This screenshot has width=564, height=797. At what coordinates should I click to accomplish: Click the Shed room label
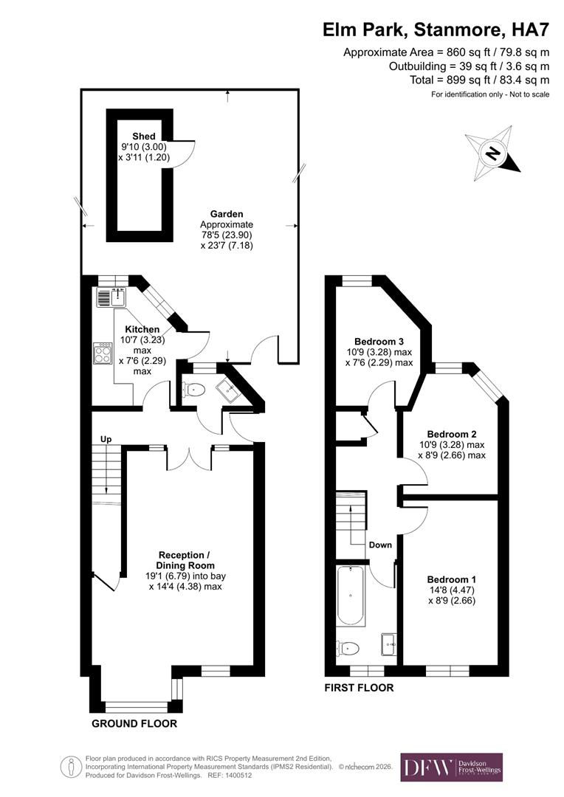pos(144,137)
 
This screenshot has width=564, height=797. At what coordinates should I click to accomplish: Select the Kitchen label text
pos(142,329)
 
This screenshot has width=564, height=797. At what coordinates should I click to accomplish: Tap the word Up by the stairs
pos(106,440)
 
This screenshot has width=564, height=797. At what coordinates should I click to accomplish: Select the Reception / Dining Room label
pos(188,560)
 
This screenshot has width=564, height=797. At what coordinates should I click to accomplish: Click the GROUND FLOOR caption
pos(134,724)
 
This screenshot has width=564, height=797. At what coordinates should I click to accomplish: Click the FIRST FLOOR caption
pos(360,688)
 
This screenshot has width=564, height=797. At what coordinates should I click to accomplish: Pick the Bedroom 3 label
pos(379,342)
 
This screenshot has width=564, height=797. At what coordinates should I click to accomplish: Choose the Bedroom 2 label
pos(451,435)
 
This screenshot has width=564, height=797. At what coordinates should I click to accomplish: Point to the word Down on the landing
pos(380,545)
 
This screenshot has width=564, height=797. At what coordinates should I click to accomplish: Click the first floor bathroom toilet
pos(347,648)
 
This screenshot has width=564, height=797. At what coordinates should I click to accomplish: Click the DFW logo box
pos(451,767)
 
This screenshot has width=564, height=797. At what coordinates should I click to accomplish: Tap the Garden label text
pos(226,214)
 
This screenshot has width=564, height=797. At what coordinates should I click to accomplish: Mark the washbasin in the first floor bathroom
pos(390,644)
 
